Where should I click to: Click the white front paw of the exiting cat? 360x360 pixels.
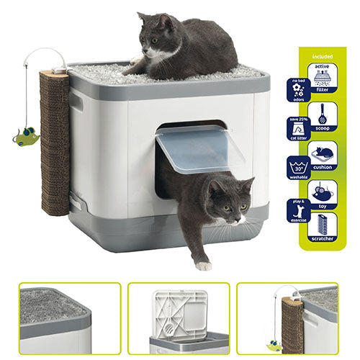click(x=204, y=264)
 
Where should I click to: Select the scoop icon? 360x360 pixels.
click(x=323, y=114)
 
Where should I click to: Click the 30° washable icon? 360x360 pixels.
click(x=297, y=167)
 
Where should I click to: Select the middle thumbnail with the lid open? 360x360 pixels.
click(x=179, y=318)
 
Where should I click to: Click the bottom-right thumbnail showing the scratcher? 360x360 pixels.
click(x=297, y=318)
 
